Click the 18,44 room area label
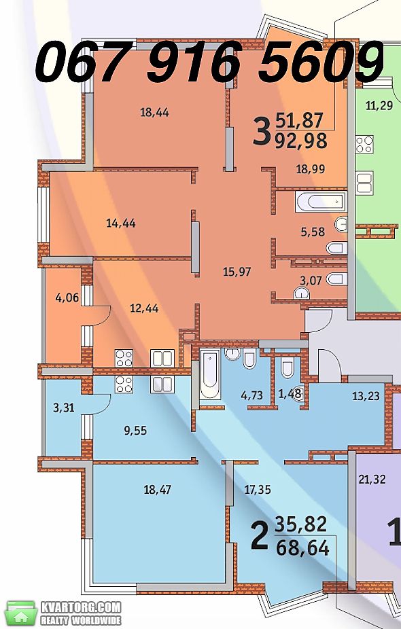pos(154,113)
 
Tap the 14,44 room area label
pos(121,223)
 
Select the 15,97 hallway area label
pos(237,272)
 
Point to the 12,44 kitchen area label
pos(144,308)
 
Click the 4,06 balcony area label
pos(67,298)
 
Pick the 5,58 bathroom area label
pos(313,232)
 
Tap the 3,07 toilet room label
pos(311,281)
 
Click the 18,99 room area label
pos(311,169)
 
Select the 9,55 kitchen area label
pos(135,431)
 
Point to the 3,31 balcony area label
pos(64,408)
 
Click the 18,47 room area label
pos(158,489)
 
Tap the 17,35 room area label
pos(258,489)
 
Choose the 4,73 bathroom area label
pos(251,395)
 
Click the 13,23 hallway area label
pos(366,396)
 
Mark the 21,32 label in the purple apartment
pos(372,479)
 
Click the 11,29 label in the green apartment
pos(379,106)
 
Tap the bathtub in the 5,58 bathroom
pos(320,202)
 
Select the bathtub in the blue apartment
pos(210,375)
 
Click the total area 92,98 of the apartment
pos(301,141)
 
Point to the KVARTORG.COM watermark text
pos(80,607)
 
